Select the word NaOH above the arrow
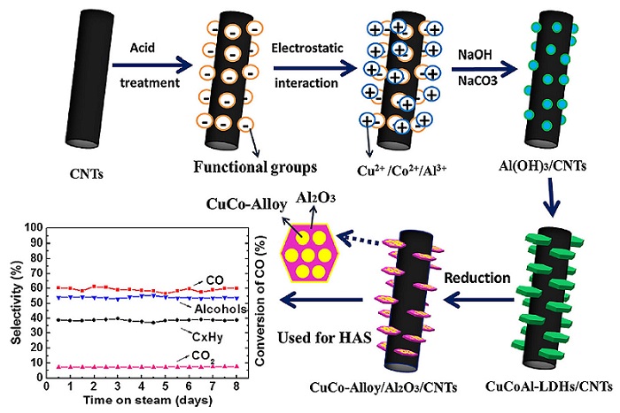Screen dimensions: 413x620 [x=470, y=54]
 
